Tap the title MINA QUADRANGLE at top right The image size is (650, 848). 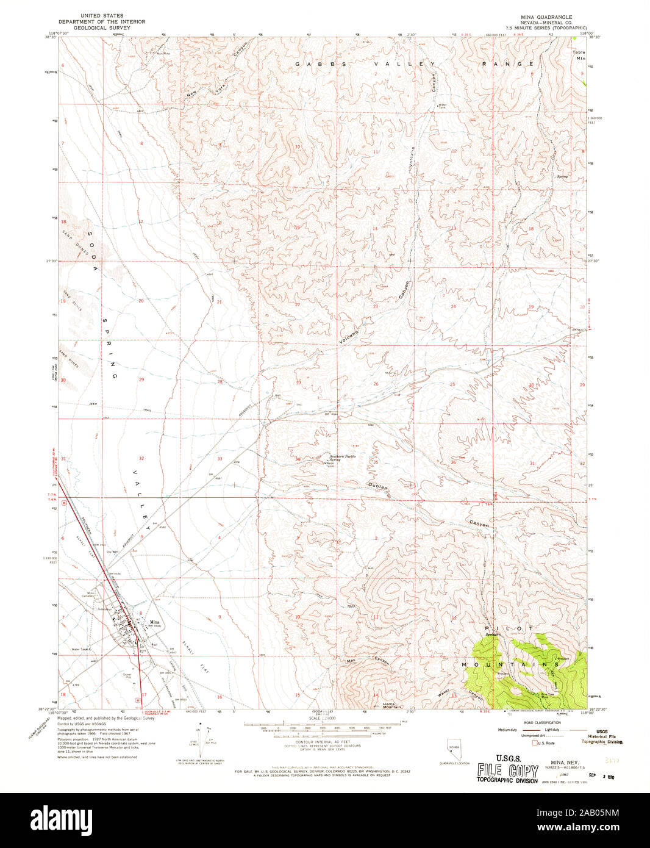(546, 16)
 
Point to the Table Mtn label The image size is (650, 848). (578, 55)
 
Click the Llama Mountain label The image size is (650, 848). (391, 705)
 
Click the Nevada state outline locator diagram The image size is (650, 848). (454, 749)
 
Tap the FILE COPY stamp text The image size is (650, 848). (507, 771)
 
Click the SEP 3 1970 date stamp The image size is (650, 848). (590, 775)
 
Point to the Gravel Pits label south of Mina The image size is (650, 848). (127, 676)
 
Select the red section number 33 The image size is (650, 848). (220, 458)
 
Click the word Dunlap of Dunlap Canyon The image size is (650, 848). (378, 486)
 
